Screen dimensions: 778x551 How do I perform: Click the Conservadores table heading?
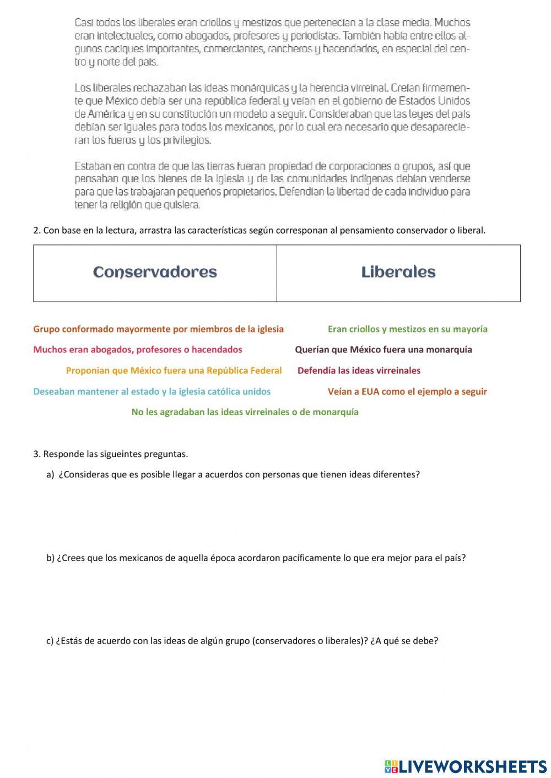pos(155,273)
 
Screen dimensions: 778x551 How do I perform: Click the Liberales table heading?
pos(398,273)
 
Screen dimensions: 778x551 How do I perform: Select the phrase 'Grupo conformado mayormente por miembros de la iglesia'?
pos(159,329)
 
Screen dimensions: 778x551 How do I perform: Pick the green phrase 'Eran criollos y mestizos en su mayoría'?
pos(407,329)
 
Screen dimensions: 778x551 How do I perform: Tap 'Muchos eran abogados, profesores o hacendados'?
pos(138,350)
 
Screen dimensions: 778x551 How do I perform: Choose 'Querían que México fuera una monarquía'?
pos(383,350)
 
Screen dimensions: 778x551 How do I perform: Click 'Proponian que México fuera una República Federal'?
pos(174,371)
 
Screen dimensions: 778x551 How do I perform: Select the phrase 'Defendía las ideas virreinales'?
pos(359,371)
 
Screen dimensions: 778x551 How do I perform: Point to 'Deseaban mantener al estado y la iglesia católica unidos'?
pos(152,391)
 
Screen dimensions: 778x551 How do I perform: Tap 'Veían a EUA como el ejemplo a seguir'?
pos(407,391)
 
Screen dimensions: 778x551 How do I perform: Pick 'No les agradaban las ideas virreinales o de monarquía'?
pos(245,412)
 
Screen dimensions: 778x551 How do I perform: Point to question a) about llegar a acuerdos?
pos(233,475)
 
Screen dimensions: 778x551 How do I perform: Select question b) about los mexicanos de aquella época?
pos(256,558)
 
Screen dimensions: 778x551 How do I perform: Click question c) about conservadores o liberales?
pos(242,641)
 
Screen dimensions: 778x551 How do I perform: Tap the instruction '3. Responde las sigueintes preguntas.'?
pos(111,454)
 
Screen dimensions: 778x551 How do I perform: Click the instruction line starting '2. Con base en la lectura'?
pos(260,231)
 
